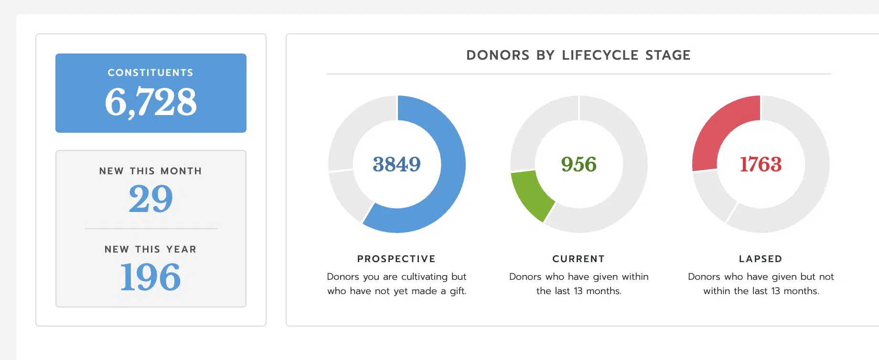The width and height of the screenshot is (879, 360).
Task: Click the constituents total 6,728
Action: (x=150, y=102)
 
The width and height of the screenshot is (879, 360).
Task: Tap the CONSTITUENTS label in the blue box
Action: (x=150, y=73)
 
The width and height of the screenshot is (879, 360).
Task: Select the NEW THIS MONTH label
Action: (x=150, y=171)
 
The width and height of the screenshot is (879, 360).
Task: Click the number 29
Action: (x=150, y=199)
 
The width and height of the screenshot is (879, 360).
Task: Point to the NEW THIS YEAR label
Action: (x=150, y=249)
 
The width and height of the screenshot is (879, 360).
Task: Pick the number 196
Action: (x=150, y=277)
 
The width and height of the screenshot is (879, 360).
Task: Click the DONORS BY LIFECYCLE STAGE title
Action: (x=578, y=55)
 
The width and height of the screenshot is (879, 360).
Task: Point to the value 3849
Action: (x=397, y=164)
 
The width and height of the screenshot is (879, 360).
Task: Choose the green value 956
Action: (x=579, y=164)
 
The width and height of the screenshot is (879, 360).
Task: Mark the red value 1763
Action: (x=761, y=164)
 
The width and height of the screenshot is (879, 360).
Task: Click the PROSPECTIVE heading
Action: (x=397, y=259)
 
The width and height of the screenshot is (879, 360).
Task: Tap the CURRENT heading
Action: (x=579, y=259)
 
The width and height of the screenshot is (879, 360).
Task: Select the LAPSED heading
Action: (x=761, y=259)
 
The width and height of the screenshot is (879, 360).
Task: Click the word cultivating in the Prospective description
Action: (x=424, y=277)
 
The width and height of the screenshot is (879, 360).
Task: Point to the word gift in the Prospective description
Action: (x=458, y=291)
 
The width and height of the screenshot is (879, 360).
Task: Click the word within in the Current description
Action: (x=635, y=277)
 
